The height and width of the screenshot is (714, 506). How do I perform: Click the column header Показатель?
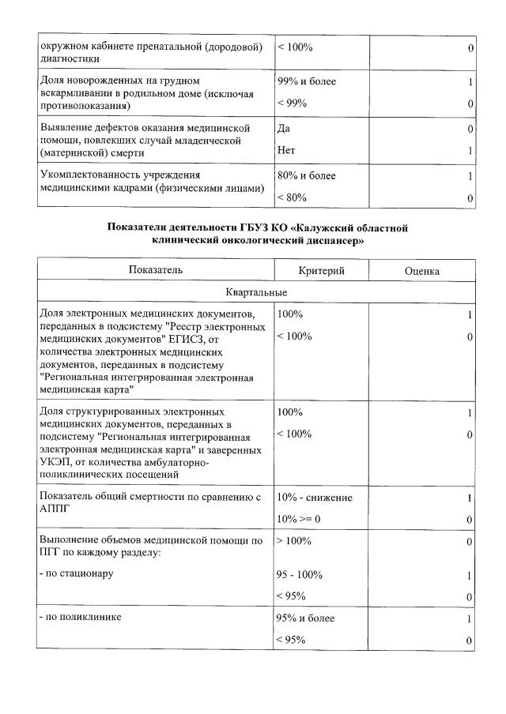[x=156, y=270]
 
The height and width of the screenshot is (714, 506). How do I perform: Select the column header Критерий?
[x=321, y=270]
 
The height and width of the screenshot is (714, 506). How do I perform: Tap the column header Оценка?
[x=421, y=270]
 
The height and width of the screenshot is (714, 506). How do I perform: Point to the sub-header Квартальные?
[x=255, y=291]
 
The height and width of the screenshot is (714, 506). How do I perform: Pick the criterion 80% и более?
[x=306, y=175]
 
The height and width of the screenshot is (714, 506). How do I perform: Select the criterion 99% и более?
[x=306, y=81]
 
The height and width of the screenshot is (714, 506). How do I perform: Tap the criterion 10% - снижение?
[x=315, y=498]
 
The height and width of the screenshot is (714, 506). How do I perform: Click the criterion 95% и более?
[x=306, y=618]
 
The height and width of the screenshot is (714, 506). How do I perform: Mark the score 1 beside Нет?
[x=470, y=150]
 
